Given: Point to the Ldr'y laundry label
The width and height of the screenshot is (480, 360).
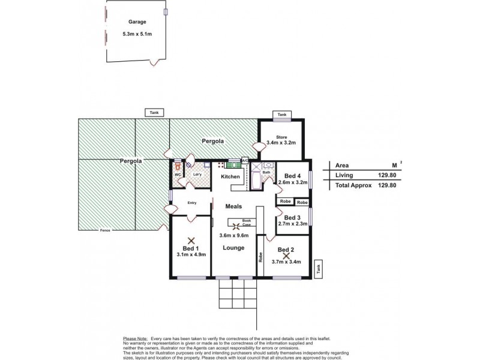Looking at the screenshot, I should pos(196,174).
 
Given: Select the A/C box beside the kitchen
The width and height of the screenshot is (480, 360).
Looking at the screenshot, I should pos(245,161).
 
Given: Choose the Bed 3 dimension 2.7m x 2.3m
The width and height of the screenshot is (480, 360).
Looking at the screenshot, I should pos(293,224).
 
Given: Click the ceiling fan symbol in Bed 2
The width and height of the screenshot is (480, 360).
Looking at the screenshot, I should pos(286,256).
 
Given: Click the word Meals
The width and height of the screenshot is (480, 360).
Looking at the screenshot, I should pos(233,206).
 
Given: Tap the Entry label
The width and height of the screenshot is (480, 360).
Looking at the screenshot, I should pos(192,203).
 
